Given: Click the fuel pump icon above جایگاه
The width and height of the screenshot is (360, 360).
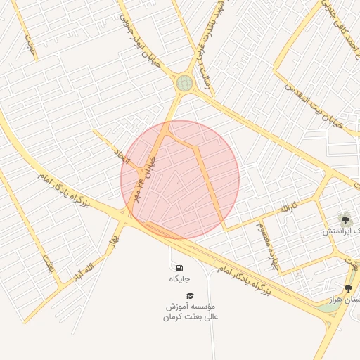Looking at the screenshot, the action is click(179, 268).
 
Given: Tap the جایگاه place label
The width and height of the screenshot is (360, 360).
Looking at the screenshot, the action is click(179, 279).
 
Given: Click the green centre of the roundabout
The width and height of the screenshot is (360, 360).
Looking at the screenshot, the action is click(184, 84).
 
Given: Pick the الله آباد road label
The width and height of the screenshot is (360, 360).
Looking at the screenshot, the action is click(83, 271).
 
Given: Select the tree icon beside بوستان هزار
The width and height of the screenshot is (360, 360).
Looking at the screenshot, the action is click(347, 288).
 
